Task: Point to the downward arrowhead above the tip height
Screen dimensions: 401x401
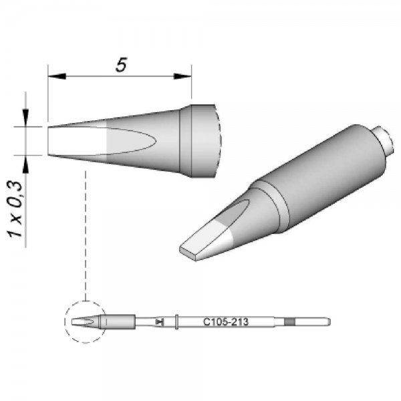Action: click(x=27, y=120)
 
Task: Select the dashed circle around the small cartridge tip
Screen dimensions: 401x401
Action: click(x=85, y=321)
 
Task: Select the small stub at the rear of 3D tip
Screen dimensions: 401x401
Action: click(x=382, y=138)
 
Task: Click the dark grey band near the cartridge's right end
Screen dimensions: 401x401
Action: click(x=289, y=321)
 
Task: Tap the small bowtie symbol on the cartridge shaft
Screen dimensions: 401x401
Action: click(x=158, y=321)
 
